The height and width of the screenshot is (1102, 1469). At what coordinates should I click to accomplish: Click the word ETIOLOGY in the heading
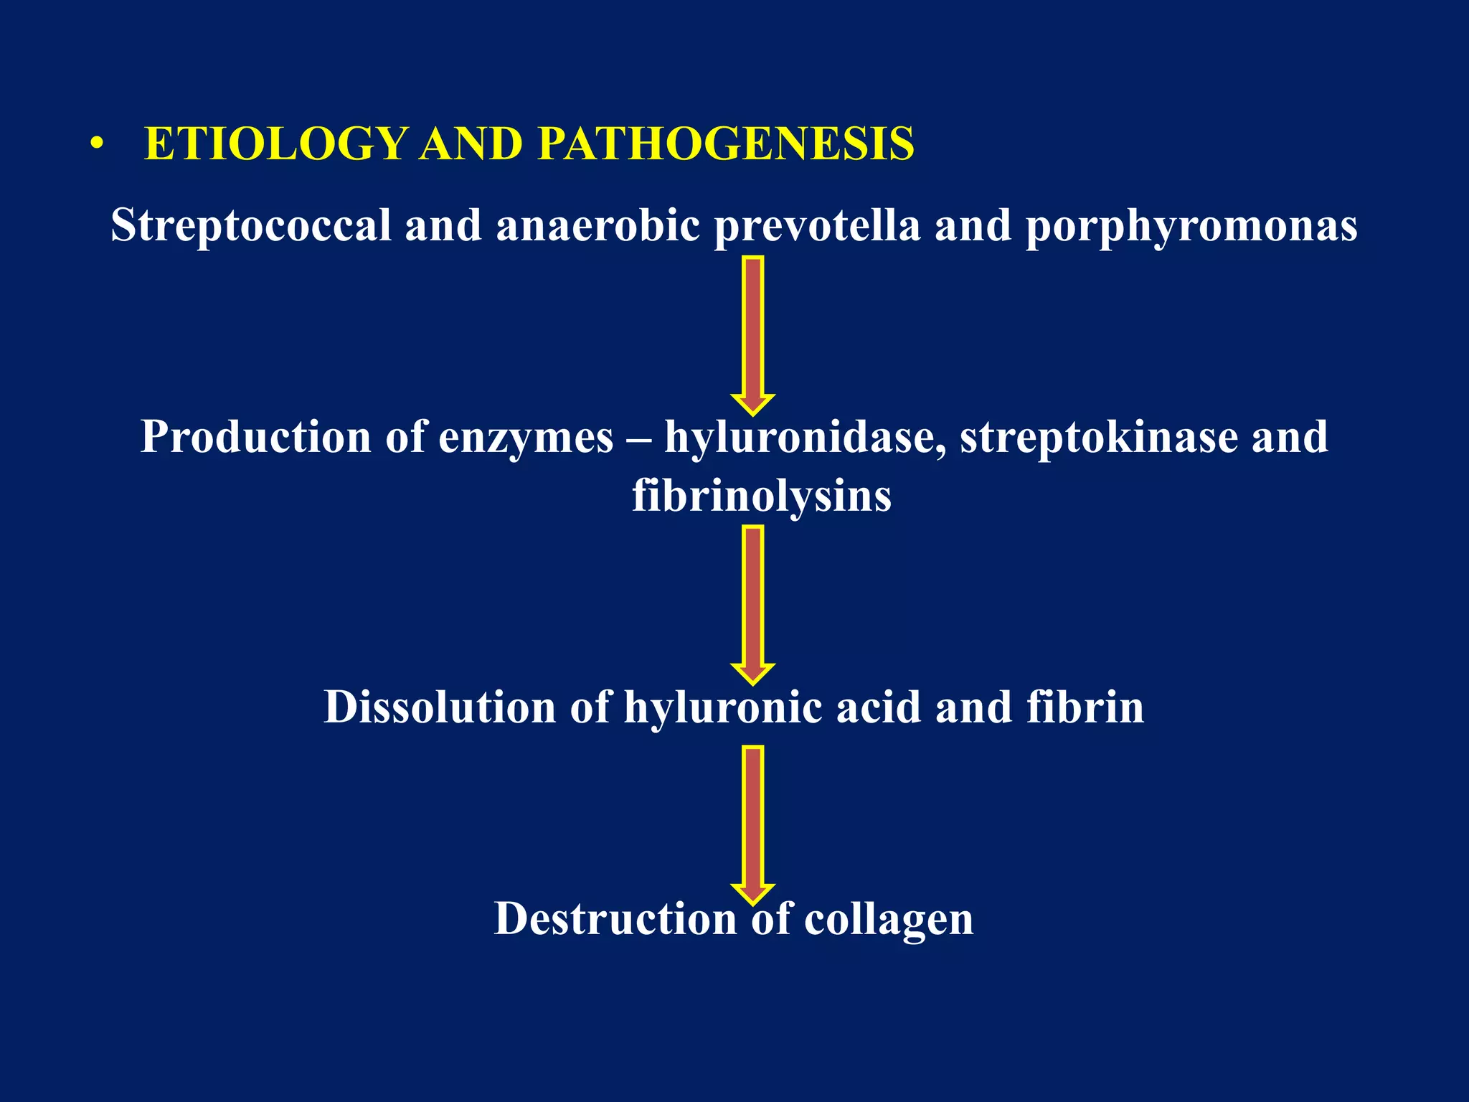coord(276,144)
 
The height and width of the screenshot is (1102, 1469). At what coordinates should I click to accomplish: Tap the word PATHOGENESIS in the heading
coord(726,144)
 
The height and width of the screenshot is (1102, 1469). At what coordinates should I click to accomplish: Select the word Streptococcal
coord(250,226)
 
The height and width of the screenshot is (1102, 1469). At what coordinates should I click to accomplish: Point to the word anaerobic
coord(597,226)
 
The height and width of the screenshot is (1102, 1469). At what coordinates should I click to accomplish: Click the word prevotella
coord(817,226)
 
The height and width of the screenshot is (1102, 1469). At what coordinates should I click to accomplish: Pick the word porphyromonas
coord(1191,226)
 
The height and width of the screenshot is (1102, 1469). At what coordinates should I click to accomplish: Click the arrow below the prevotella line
coord(752,334)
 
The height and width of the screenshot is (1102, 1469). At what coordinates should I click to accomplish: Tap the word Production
coord(255,437)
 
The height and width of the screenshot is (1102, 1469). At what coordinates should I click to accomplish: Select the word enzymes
coord(526,437)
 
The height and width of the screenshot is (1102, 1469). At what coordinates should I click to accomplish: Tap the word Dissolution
coord(440,707)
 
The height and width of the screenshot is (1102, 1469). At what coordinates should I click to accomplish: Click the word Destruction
coord(615,918)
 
